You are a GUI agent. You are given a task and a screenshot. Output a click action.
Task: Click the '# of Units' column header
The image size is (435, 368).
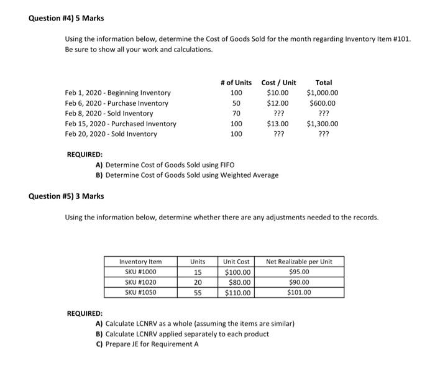[x=236, y=83]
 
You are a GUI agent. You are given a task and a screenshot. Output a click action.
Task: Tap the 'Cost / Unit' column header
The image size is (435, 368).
[x=278, y=83]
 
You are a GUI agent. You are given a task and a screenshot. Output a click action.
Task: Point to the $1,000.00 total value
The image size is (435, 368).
[x=323, y=93]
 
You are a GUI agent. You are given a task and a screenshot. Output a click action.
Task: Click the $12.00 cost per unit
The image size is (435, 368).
[x=278, y=103]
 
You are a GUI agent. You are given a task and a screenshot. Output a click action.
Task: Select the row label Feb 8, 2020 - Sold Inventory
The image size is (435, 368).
[x=109, y=114]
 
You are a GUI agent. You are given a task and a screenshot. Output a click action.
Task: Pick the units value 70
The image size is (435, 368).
[x=236, y=114]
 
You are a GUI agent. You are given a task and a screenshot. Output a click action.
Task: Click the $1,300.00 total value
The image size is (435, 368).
[x=323, y=124]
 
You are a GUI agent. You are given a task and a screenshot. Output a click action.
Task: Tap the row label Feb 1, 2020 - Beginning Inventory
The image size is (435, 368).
[x=117, y=93]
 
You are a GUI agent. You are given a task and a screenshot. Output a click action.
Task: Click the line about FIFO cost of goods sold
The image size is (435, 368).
[x=165, y=165]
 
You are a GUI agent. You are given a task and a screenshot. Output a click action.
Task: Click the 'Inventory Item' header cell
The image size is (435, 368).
[x=140, y=262]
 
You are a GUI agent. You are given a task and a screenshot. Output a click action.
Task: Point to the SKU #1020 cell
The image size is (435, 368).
[x=140, y=282]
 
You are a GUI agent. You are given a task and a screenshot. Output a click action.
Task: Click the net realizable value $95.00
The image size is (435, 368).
[x=300, y=272]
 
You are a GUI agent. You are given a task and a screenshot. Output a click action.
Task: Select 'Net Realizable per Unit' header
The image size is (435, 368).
[x=300, y=262]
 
